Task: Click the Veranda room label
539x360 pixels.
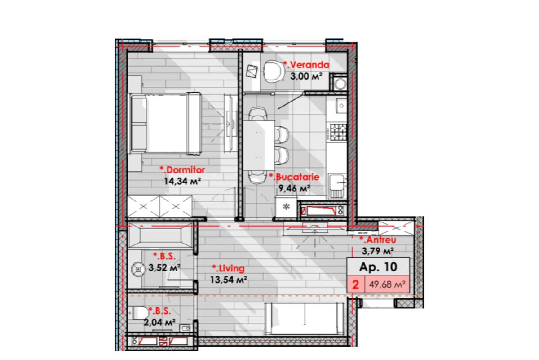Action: [306, 65]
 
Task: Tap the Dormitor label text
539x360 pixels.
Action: [182, 170]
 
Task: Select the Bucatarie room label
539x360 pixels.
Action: [294, 177]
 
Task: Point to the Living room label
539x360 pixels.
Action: [228, 268]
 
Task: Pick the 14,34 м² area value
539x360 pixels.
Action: [182, 181]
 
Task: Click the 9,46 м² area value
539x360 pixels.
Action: [294, 188]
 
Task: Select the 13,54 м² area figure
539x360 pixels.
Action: [229, 280]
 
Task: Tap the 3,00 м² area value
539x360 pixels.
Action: [306, 76]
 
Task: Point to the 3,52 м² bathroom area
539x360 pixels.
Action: [164, 267]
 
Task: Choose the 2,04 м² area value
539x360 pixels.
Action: [159, 322]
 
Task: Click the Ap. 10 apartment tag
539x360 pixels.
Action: [378, 267]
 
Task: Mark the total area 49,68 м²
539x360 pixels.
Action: [387, 284]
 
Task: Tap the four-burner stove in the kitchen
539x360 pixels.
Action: [338, 132]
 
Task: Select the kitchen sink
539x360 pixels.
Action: [338, 186]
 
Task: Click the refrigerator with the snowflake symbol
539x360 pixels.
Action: [286, 207]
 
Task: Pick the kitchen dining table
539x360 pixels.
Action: [259, 146]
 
